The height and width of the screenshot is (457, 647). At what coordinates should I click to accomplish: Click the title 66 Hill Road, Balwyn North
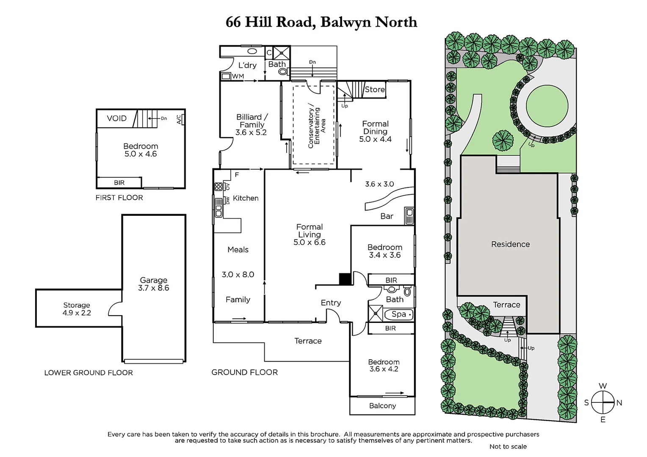tap(321, 22)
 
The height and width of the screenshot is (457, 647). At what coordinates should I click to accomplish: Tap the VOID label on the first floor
tap(116, 118)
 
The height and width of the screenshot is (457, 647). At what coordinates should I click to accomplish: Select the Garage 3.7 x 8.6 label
tap(153, 284)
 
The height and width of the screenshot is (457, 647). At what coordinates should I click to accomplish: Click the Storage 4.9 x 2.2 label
tap(77, 309)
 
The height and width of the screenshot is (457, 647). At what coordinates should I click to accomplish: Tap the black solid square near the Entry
tap(345, 279)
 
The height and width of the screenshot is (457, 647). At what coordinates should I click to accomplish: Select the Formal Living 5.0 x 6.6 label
tap(310, 234)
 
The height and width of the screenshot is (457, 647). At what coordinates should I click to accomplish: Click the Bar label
tap(387, 216)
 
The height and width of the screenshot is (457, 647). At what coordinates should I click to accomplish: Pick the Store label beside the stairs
tap(375, 89)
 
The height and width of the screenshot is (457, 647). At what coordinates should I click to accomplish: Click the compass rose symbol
tap(603, 402)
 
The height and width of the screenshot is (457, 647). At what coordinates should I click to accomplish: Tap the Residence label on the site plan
tap(510, 244)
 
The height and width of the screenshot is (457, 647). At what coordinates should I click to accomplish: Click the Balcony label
tap(382, 406)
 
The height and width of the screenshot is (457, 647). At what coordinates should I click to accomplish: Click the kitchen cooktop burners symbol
tap(218, 187)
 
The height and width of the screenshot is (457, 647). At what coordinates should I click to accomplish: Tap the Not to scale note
tap(508, 446)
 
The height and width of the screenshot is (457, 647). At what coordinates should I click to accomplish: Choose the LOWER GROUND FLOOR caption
tap(88, 373)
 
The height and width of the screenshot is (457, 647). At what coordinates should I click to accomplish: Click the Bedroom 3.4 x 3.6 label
tap(384, 251)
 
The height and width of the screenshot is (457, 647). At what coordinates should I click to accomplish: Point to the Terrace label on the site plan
tap(506, 305)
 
